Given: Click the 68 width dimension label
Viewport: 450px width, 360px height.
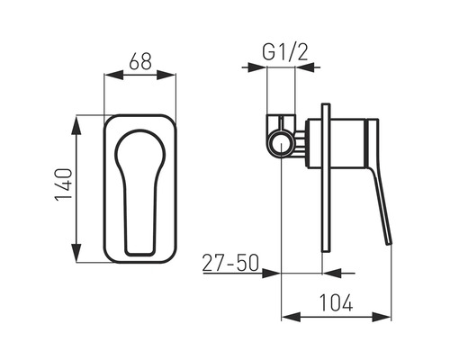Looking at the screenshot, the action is [x=140, y=61].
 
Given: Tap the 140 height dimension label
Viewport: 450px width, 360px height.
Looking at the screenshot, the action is [x=64, y=184].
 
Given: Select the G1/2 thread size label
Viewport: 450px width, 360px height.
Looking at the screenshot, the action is [x=285, y=53].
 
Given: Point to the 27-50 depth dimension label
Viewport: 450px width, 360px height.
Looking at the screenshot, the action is [x=230, y=263].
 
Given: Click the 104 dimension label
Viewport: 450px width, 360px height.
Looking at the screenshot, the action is [x=336, y=302].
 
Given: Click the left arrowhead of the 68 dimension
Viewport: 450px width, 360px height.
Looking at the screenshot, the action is [x=113, y=75].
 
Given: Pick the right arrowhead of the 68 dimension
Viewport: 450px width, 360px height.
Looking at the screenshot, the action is [x=166, y=75].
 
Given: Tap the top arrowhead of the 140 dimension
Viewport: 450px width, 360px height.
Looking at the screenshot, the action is [x=76, y=125].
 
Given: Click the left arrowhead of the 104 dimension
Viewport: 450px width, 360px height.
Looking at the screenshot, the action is [x=291, y=317].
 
